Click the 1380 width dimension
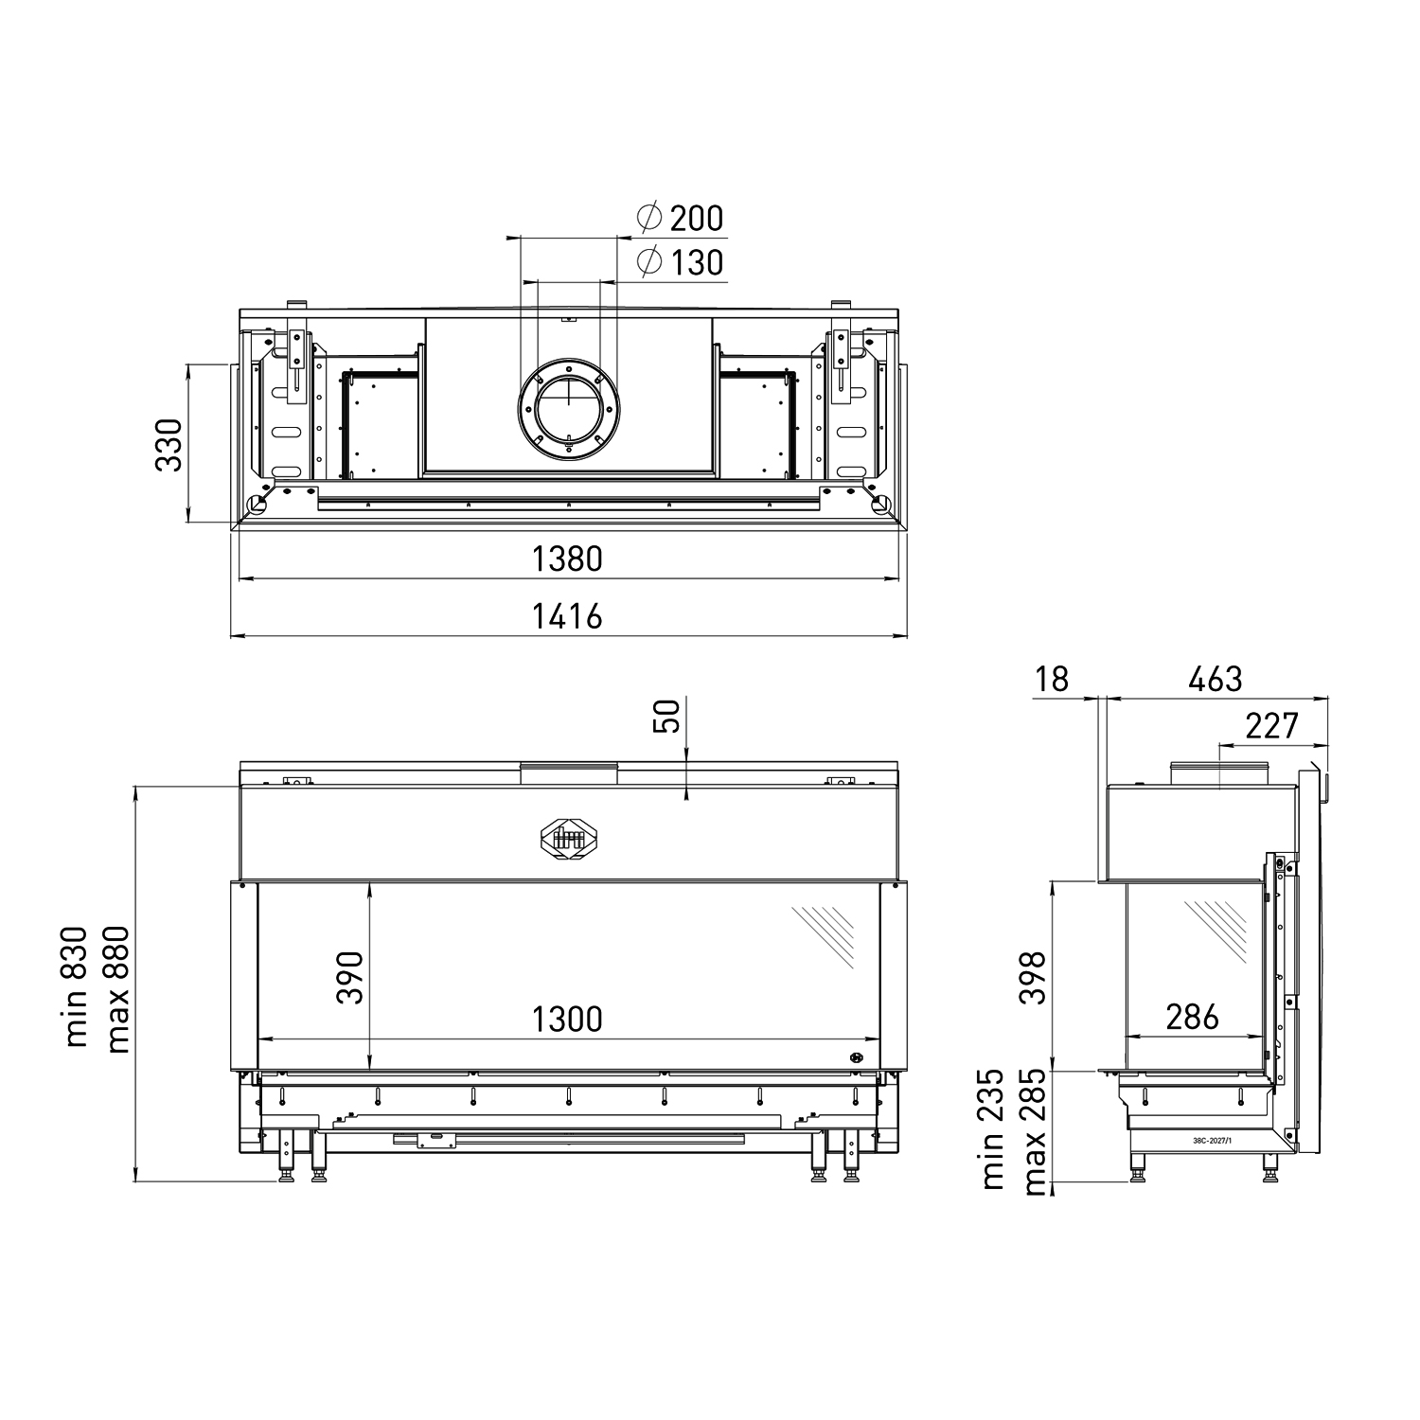567,559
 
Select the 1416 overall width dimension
567,616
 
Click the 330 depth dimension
168,444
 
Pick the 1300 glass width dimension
567,1019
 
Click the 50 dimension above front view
666,716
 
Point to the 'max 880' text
117,986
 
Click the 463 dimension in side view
1215,678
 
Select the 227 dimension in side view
1271,725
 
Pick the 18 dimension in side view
1052,678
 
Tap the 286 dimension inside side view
1192,1017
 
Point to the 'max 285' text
1034,1131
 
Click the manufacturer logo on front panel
568,836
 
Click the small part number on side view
1213,1143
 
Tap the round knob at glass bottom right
857,1058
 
